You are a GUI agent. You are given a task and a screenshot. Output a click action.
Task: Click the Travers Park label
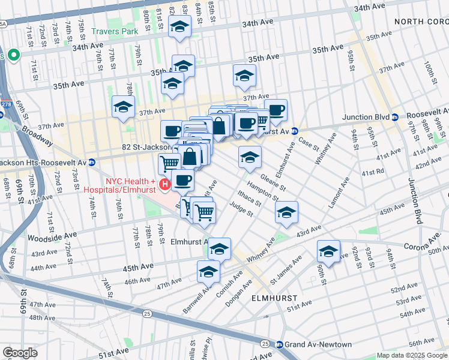pos(115,31)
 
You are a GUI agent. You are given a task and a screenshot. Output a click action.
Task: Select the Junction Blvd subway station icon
pos(396,118)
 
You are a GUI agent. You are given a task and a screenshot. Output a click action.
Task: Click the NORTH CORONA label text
pos(421,22)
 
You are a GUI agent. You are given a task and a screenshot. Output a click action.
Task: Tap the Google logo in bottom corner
pos(20,353)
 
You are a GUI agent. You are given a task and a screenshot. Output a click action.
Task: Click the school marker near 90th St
pos(328,251)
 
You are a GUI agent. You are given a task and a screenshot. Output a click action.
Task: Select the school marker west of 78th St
pos(123,107)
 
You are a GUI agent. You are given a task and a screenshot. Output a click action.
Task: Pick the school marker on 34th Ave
pos(179,26)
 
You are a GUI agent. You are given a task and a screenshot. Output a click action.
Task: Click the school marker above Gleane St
pos(250,157)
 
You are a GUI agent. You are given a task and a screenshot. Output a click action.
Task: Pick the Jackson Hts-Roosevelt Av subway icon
pos(91,162)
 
